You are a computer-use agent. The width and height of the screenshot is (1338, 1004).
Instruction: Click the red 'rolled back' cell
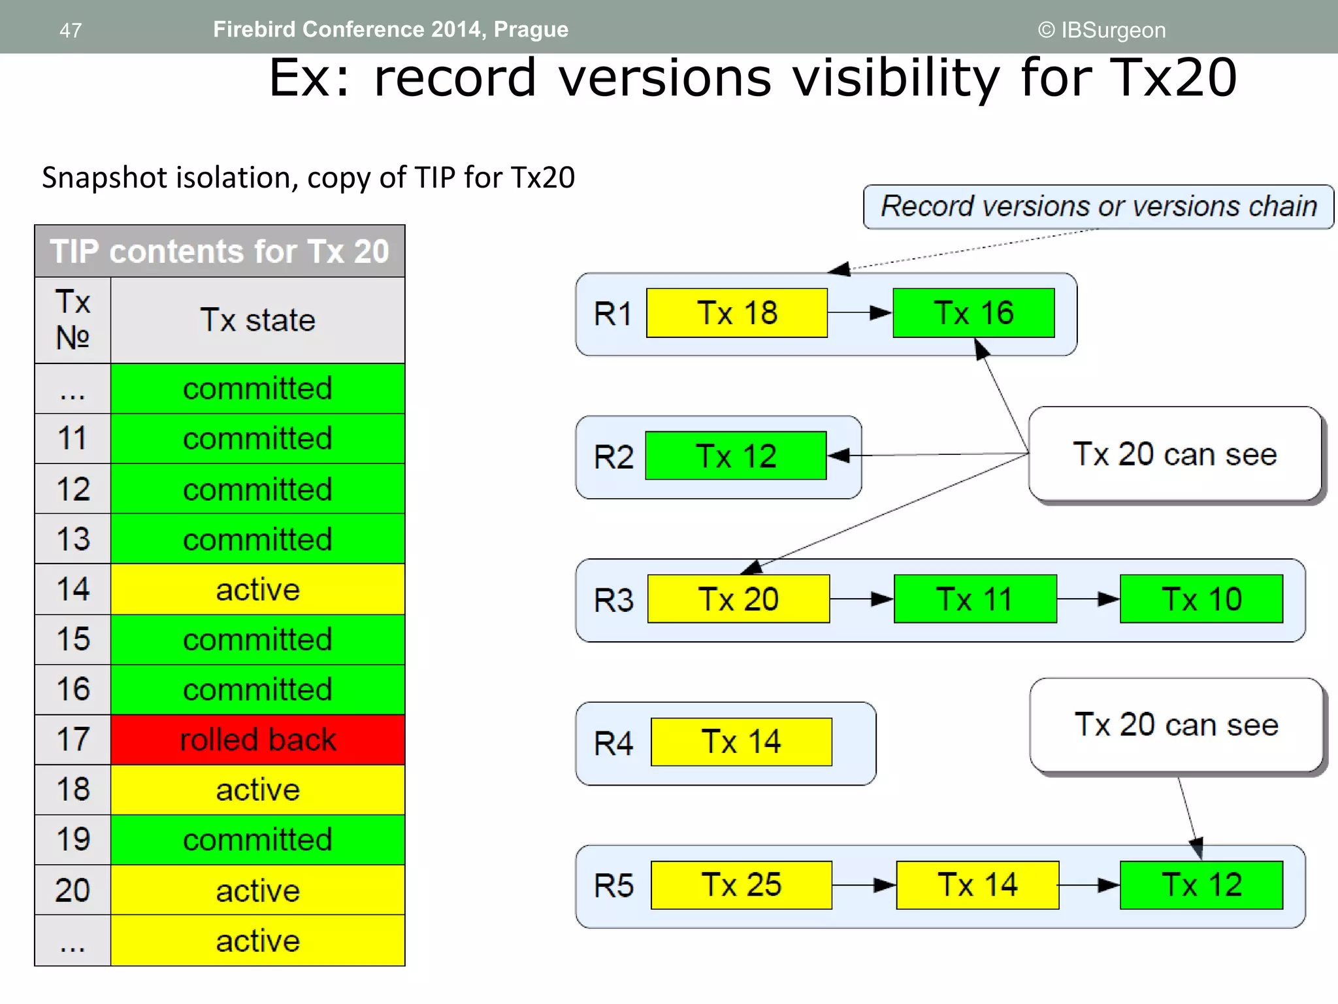(x=257, y=740)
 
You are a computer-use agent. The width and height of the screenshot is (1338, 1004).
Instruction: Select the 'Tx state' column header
(x=257, y=320)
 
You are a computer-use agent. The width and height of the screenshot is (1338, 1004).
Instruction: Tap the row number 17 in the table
(x=73, y=740)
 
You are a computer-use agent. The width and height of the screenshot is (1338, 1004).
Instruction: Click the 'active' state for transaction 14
(x=257, y=590)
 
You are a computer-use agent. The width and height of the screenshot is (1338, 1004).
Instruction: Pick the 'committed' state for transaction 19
(x=257, y=840)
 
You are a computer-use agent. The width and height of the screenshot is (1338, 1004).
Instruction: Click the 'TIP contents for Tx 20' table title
(x=220, y=252)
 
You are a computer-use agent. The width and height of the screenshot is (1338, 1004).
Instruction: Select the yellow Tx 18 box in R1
(x=737, y=313)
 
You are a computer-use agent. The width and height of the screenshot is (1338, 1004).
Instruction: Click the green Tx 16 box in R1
(x=973, y=313)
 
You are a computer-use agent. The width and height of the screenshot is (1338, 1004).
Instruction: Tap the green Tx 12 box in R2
(x=736, y=456)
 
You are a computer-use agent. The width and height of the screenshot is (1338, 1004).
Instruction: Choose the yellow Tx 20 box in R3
(x=738, y=599)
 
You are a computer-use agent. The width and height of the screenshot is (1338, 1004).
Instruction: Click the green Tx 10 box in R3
(x=1201, y=599)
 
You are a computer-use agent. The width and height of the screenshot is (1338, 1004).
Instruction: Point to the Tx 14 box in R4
(x=741, y=742)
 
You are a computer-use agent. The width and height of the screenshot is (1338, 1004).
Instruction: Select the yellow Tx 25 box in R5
(x=741, y=885)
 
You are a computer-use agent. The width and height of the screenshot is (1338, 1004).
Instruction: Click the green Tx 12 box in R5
(x=1201, y=885)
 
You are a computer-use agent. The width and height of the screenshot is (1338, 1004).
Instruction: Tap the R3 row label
(x=613, y=600)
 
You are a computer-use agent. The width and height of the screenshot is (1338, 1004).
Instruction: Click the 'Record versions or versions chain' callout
(x=1098, y=207)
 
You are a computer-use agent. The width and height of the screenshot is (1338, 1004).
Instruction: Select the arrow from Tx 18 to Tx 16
(x=860, y=313)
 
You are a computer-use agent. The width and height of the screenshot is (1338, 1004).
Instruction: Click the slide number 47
(x=71, y=30)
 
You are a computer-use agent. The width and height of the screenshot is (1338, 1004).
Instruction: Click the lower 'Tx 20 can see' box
(x=1176, y=725)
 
